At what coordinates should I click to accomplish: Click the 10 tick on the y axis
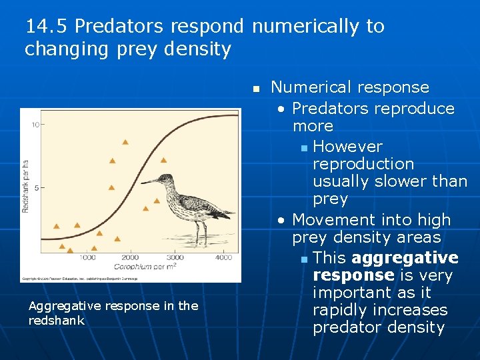pyautogui.click(x=40, y=125)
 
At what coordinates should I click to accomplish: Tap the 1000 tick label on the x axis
pyautogui.click(x=87, y=257)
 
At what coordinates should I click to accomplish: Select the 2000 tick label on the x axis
pyautogui.click(x=130, y=257)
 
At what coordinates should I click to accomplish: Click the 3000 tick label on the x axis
pyautogui.click(x=175, y=257)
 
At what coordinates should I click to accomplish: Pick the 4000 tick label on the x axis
pyautogui.click(x=223, y=257)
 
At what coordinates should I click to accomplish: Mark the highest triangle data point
pyautogui.click(x=125, y=142)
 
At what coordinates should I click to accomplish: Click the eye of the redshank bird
pyautogui.click(x=162, y=178)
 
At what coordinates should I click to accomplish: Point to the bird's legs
pyautogui.click(x=199, y=233)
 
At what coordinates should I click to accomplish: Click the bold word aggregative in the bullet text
pyautogui.click(x=405, y=258)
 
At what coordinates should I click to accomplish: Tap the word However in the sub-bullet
pyautogui.click(x=347, y=147)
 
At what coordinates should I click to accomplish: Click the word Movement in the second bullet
pyautogui.click(x=329, y=220)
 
